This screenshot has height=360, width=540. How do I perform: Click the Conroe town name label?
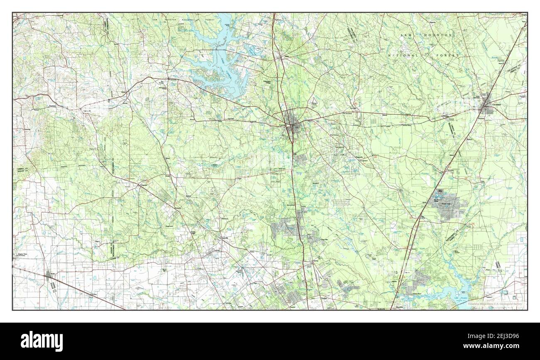pos(282,123)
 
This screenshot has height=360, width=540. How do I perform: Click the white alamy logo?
pos(37,341)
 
